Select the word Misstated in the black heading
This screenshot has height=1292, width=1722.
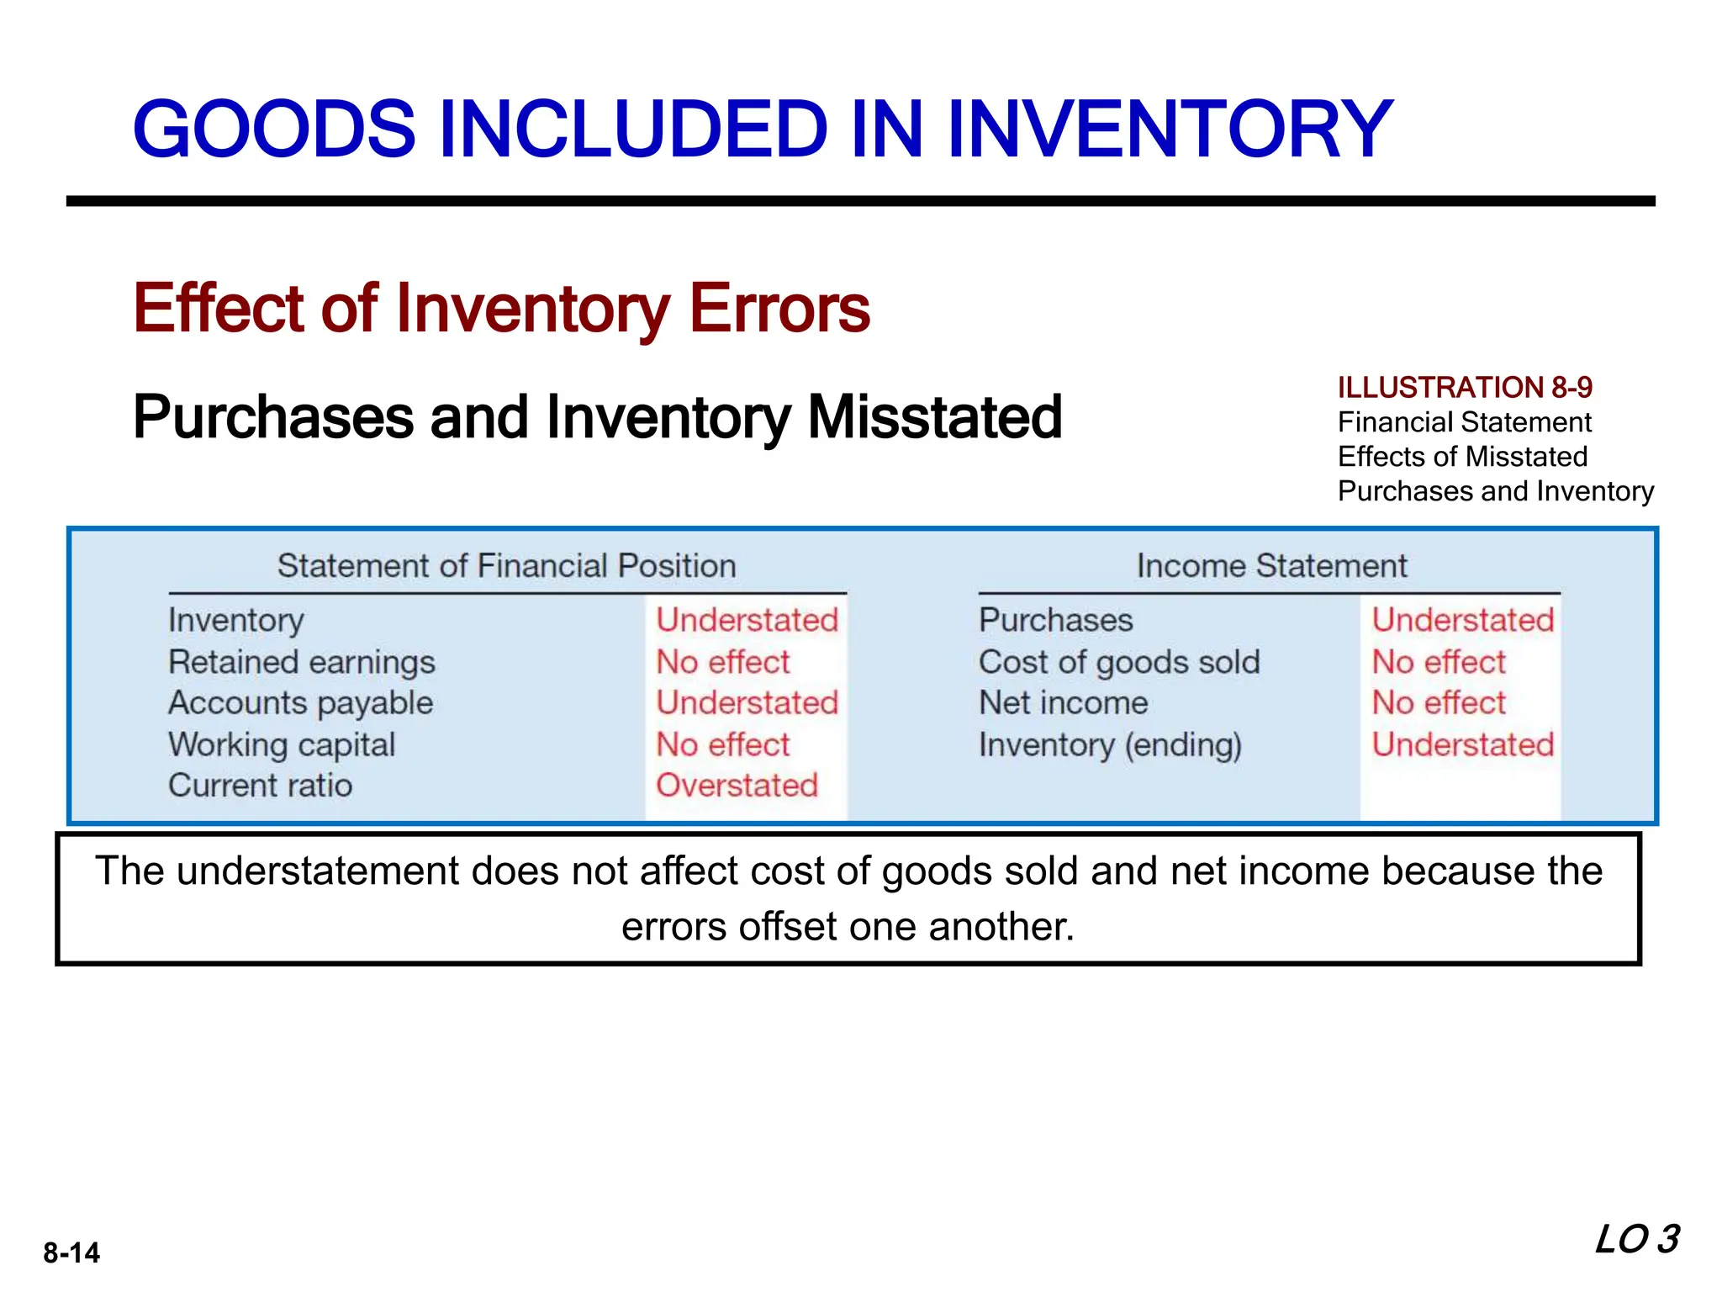click(x=934, y=417)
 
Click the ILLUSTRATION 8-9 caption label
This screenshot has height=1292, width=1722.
click(x=1465, y=387)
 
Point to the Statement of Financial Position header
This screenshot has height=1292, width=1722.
click(x=506, y=566)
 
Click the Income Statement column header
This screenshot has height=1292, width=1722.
click(x=1271, y=566)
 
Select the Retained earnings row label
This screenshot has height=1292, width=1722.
click(x=302, y=662)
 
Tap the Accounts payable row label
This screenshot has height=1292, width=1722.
click(x=300, y=703)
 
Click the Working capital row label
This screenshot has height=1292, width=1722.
click(x=282, y=744)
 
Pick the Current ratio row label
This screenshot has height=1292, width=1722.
click(x=260, y=786)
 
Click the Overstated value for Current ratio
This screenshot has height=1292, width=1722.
click(x=737, y=786)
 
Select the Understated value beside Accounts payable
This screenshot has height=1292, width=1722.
click(x=747, y=703)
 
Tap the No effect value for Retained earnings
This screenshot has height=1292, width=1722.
click(x=722, y=662)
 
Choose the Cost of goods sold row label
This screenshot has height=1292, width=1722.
click(x=1119, y=662)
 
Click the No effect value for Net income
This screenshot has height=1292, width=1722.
click(x=1438, y=703)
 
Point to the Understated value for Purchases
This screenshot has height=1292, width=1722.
click(x=1462, y=621)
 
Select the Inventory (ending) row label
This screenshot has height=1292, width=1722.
click(x=1110, y=745)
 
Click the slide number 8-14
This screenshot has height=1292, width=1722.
click(x=71, y=1252)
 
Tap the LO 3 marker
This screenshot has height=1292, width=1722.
click(x=1637, y=1240)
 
